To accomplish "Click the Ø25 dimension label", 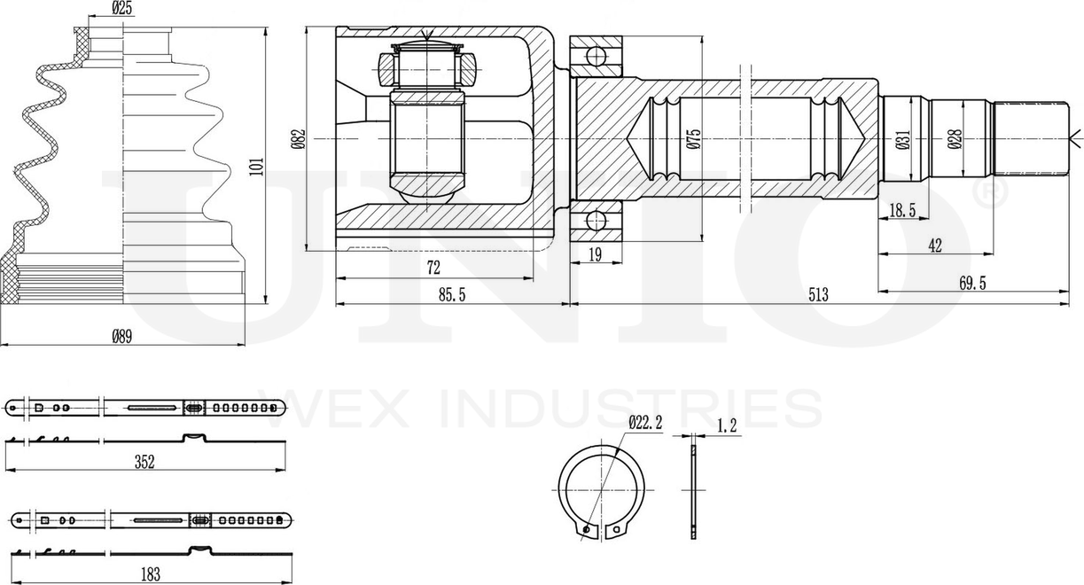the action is coord(122,8).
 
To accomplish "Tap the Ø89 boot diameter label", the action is coord(122,336).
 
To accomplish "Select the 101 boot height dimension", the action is coord(257,166).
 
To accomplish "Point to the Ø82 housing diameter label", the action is coord(299,139).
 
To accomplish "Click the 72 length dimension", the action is coord(433,267).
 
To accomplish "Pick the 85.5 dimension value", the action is coord(452,294).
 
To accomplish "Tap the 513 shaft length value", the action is coord(818,294).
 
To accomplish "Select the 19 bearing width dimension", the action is coord(596,254).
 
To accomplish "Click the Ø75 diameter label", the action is coord(694,138).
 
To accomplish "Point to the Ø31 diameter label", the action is coord(903,139).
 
